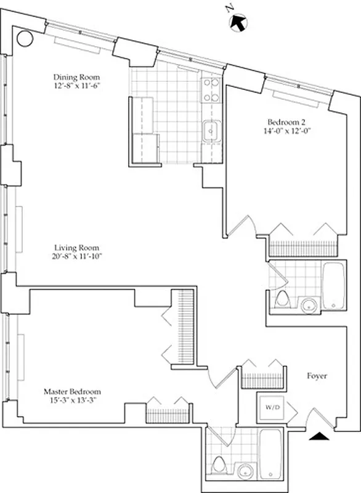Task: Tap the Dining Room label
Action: point(76,77)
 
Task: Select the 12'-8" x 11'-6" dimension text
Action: point(76,86)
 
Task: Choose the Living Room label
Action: point(76,247)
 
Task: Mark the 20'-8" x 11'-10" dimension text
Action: point(76,256)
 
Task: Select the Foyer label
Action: point(316,376)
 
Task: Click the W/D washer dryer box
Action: point(271,407)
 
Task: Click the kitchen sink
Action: point(212,131)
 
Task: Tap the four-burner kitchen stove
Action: point(212,90)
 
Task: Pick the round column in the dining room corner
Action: point(25,39)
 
